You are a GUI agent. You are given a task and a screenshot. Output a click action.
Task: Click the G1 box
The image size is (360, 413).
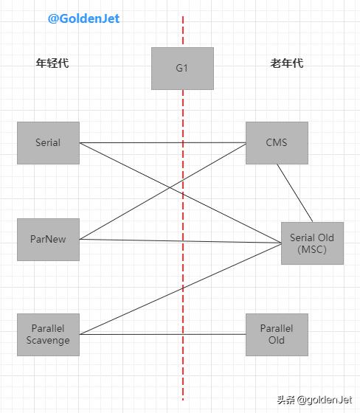(182, 69)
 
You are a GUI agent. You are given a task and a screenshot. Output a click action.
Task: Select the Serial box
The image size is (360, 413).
(48, 142)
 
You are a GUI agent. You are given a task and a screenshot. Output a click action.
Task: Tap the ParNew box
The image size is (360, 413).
(48, 239)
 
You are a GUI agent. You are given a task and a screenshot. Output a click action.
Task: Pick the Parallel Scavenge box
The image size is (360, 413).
(48, 334)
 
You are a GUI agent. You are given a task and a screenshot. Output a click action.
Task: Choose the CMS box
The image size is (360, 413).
(277, 142)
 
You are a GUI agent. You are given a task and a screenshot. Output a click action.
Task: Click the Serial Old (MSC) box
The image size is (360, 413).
(311, 243)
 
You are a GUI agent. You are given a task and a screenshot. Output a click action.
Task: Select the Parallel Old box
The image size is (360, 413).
(277, 334)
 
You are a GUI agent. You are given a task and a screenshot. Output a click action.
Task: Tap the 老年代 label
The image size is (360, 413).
(286, 63)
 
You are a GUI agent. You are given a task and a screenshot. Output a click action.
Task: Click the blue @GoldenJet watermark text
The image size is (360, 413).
(83, 18)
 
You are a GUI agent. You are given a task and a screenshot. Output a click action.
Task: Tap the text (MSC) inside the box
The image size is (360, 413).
(311, 249)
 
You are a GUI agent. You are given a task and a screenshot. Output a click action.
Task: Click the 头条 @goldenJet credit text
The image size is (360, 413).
(314, 400)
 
